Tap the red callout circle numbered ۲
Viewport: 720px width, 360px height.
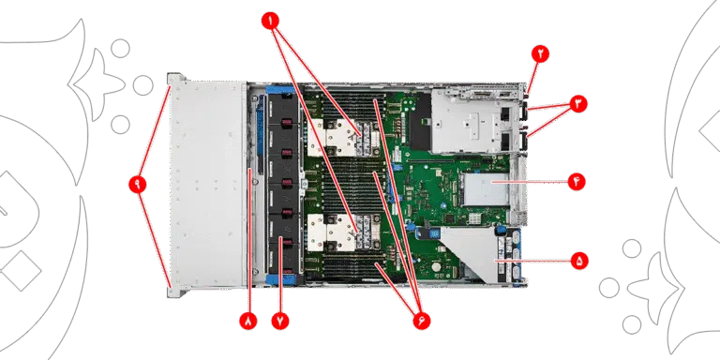pyautogui.click(x=540, y=53)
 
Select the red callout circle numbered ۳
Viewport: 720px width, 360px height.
pyautogui.click(x=578, y=104)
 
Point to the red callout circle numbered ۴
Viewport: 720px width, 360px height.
pyautogui.click(x=577, y=182)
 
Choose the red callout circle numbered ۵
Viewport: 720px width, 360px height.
pyautogui.click(x=579, y=261)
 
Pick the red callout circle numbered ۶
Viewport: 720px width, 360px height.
pyautogui.click(x=421, y=321)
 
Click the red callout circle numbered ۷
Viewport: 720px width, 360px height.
pyautogui.click(x=280, y=321)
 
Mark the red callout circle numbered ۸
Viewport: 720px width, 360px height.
pyautogui.click(x=248, y=321)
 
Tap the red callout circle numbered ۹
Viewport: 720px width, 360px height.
pyautogui.click(x=137, y=184)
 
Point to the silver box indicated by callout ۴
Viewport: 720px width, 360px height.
pyautogui.click(x=487, y=189)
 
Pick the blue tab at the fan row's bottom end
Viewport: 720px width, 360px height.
pyautogui.click(x=281, y=278)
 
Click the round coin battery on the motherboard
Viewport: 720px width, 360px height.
pyautogui.click(x=435, y=266)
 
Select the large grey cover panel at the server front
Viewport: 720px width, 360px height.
pyautogui.click(x=208, y=185)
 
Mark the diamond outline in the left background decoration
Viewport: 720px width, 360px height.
pyautogui.click(x=21, y=271)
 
